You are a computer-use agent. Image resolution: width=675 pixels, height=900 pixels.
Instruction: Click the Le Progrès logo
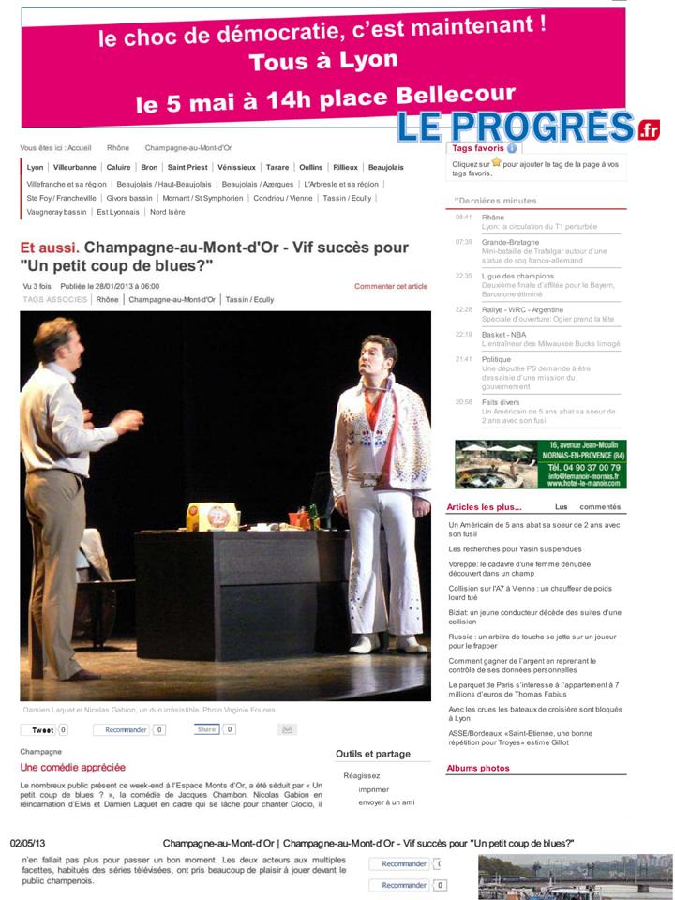click(528, 126)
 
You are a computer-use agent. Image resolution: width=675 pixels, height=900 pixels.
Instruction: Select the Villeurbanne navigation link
click(75, 167)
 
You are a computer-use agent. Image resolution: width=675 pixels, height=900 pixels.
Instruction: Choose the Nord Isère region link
click(169, 212)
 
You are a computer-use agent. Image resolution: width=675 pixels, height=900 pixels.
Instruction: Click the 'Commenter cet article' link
click(390, 286)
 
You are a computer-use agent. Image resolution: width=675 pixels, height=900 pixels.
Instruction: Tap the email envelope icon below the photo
click(288, 729)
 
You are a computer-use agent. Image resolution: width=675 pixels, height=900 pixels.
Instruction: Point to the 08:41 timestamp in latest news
click(463, 217)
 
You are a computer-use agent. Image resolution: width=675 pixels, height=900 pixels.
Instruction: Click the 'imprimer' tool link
click(373, 789)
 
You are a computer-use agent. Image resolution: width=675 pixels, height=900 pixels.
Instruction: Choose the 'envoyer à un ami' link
click(386, 802)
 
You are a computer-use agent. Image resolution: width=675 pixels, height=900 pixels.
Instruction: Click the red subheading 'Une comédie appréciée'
click(72, 767)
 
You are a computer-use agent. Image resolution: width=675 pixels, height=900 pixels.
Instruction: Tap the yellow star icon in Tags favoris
click(496, 162)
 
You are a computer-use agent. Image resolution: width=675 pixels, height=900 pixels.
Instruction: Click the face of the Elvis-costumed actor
click(370, 356)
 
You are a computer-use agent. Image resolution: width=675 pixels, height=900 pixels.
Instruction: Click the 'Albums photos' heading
click(477, 768)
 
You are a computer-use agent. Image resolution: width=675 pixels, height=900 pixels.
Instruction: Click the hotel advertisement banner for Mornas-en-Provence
click(540, 464)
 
